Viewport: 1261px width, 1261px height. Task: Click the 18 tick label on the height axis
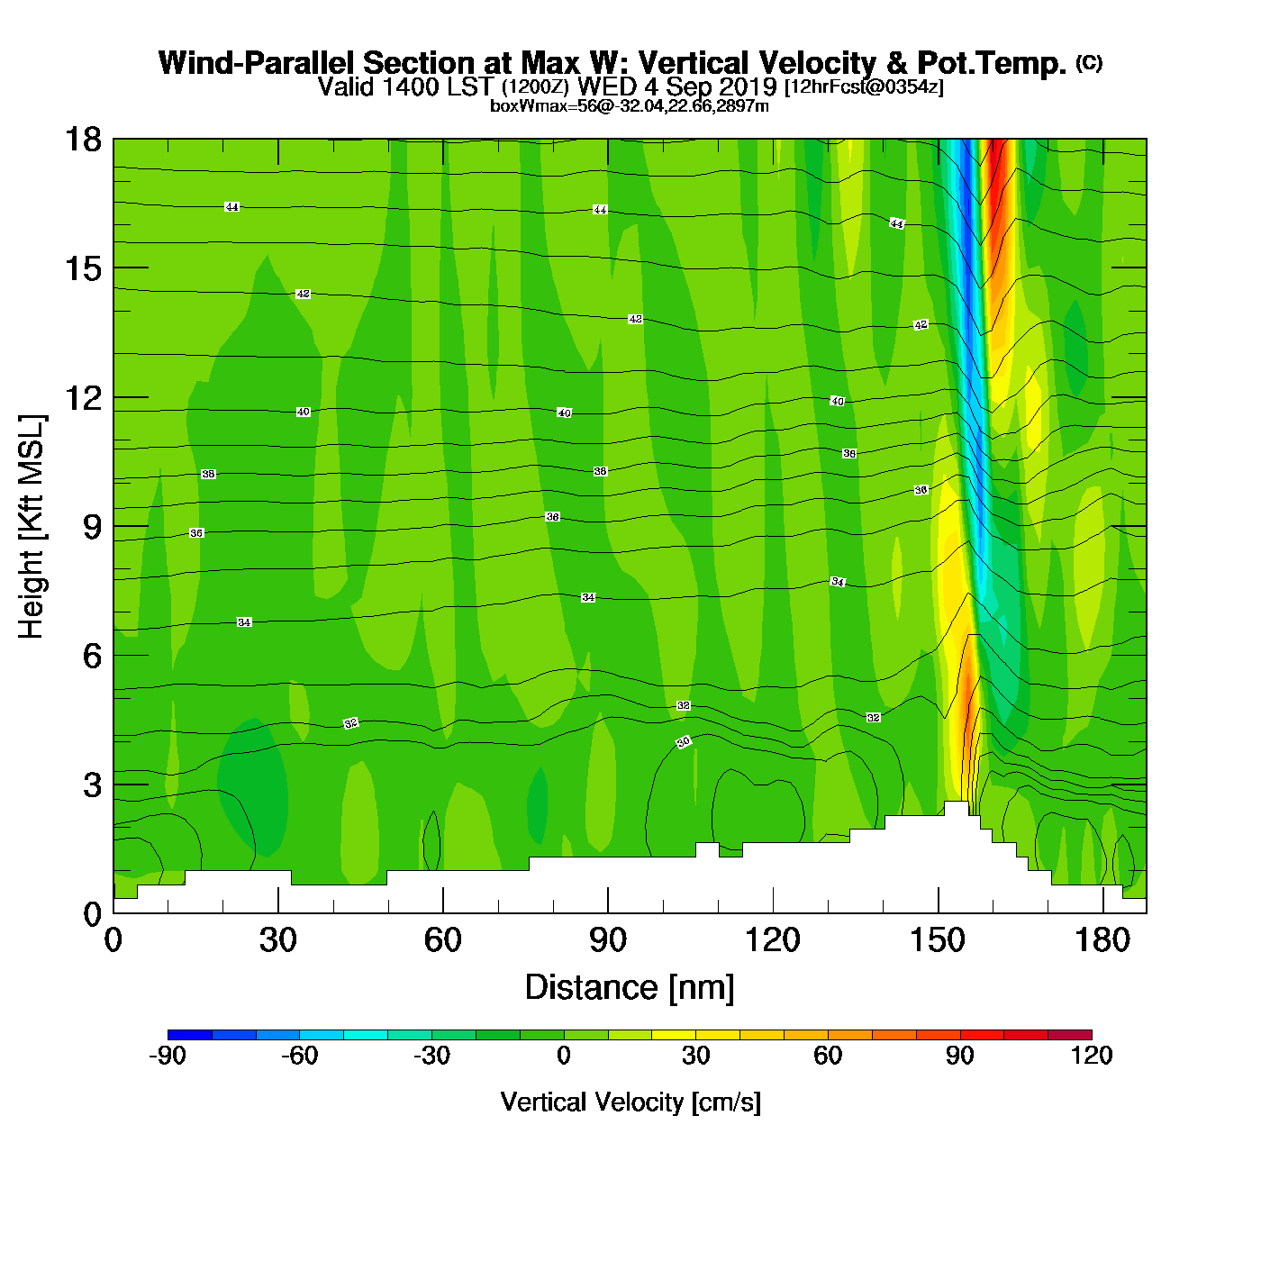82,140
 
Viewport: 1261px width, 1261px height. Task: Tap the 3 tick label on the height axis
92,785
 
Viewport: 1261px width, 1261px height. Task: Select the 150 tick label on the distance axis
938,940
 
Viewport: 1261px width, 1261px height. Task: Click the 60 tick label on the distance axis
442,940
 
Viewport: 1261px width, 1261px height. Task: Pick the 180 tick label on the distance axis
1102,940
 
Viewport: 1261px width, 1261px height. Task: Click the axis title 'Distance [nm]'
630,988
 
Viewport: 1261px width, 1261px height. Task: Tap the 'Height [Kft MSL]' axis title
32,527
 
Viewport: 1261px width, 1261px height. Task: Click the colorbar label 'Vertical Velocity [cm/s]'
630,1102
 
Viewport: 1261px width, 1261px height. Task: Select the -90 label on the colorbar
168,1056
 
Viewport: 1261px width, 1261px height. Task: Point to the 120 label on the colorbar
1092,1056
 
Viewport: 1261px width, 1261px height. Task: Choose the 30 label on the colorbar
695,1056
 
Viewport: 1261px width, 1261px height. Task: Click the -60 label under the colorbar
299,1056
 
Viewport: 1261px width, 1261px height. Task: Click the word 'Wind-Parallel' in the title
258,63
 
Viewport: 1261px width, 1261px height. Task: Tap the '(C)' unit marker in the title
1089,62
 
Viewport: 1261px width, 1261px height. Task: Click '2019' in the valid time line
747,86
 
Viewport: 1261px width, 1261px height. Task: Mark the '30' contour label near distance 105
684,742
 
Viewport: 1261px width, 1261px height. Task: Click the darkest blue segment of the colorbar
189,1035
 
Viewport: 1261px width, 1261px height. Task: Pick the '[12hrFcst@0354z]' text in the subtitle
864,87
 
